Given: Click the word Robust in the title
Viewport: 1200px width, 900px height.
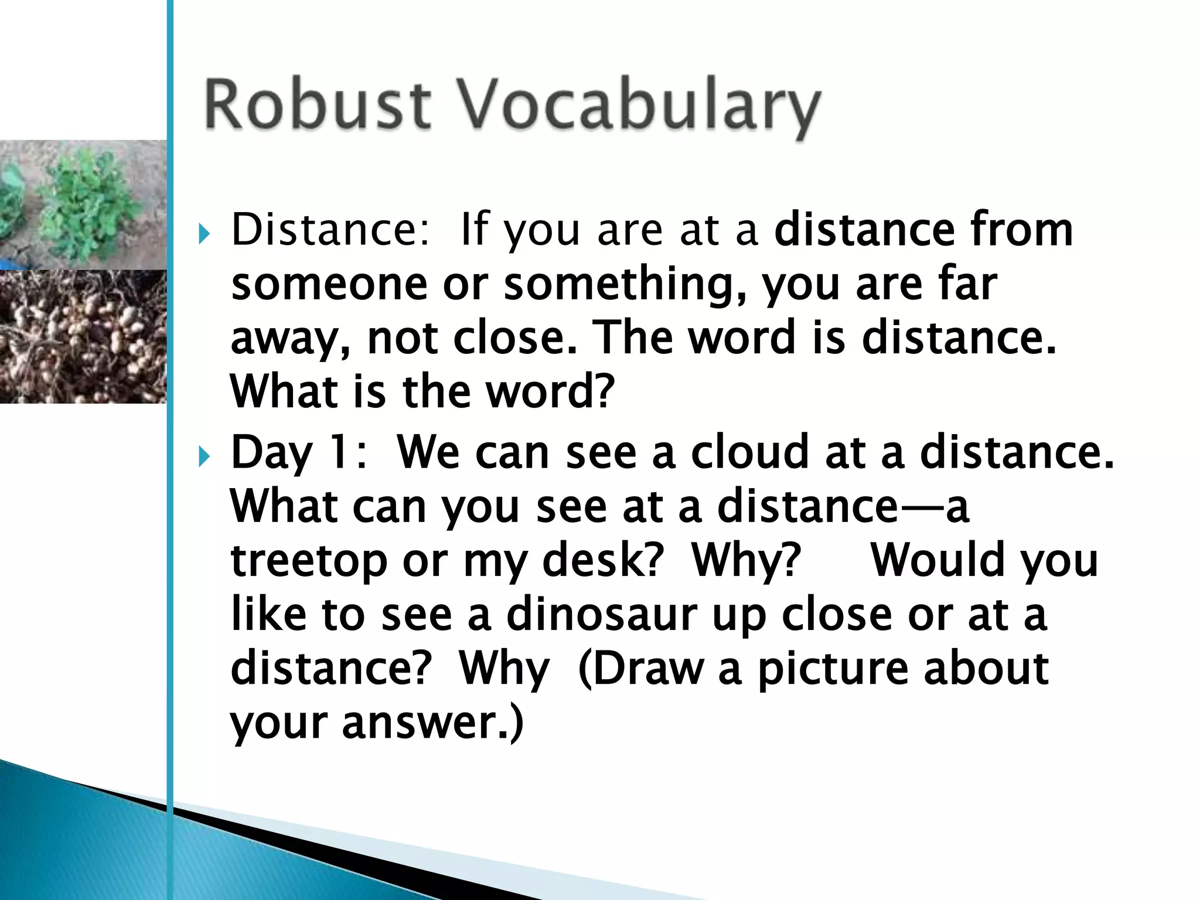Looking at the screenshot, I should (317, 105).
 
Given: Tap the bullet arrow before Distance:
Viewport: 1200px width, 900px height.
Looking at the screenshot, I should (203, 234).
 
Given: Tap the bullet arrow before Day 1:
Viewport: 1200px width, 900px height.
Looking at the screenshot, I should (203, 456).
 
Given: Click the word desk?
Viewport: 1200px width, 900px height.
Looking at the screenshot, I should (603, 560).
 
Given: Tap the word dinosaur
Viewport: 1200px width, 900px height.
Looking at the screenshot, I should (601, 615).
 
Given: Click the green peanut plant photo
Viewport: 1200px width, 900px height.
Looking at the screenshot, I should (82, 202).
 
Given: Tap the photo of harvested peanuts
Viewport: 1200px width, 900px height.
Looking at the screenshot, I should (82, 336).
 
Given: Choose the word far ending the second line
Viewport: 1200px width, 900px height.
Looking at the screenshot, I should (967, 284).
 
